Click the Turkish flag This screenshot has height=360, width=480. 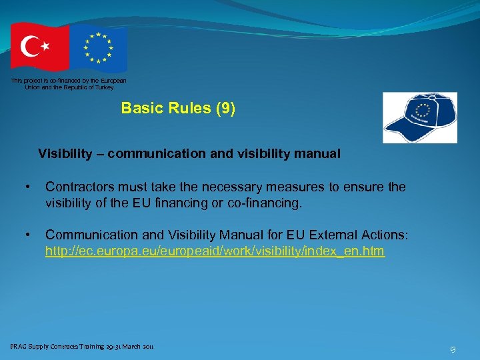click(39, 47)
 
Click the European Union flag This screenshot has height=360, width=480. click(99, 48)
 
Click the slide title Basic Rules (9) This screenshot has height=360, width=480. click(178, 108)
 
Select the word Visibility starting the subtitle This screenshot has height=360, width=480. click(65, 154)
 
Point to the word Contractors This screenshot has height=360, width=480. click(79, 187)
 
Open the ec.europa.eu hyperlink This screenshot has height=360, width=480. click(214, 252)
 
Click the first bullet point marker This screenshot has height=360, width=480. click(27, 187)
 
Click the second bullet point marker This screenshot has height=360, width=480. click(27, 235)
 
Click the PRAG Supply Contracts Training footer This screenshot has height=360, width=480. click(81, 347)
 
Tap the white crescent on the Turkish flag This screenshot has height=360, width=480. click(31, 47)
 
